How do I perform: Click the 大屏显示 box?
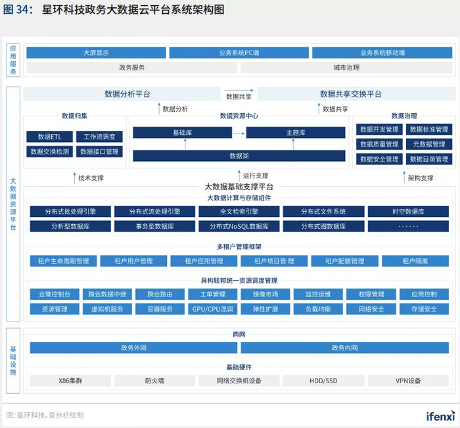96,53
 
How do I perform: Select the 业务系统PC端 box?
239,53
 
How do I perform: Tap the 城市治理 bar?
346,68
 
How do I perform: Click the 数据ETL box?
49,137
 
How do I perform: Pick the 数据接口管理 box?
99,151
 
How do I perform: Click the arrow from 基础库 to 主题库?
239,133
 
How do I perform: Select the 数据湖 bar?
239,156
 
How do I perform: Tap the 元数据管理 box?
429,144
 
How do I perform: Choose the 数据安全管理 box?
379,159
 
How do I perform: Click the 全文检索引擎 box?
239,211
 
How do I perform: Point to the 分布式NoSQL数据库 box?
239,226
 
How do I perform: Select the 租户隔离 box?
415,261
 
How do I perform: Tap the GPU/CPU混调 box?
213,309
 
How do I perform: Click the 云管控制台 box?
55,294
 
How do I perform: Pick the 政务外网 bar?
133,348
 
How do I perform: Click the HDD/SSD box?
323,381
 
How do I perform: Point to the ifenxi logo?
441,416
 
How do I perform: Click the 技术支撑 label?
91,178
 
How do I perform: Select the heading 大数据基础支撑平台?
239,187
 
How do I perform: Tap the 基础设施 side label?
13,361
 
